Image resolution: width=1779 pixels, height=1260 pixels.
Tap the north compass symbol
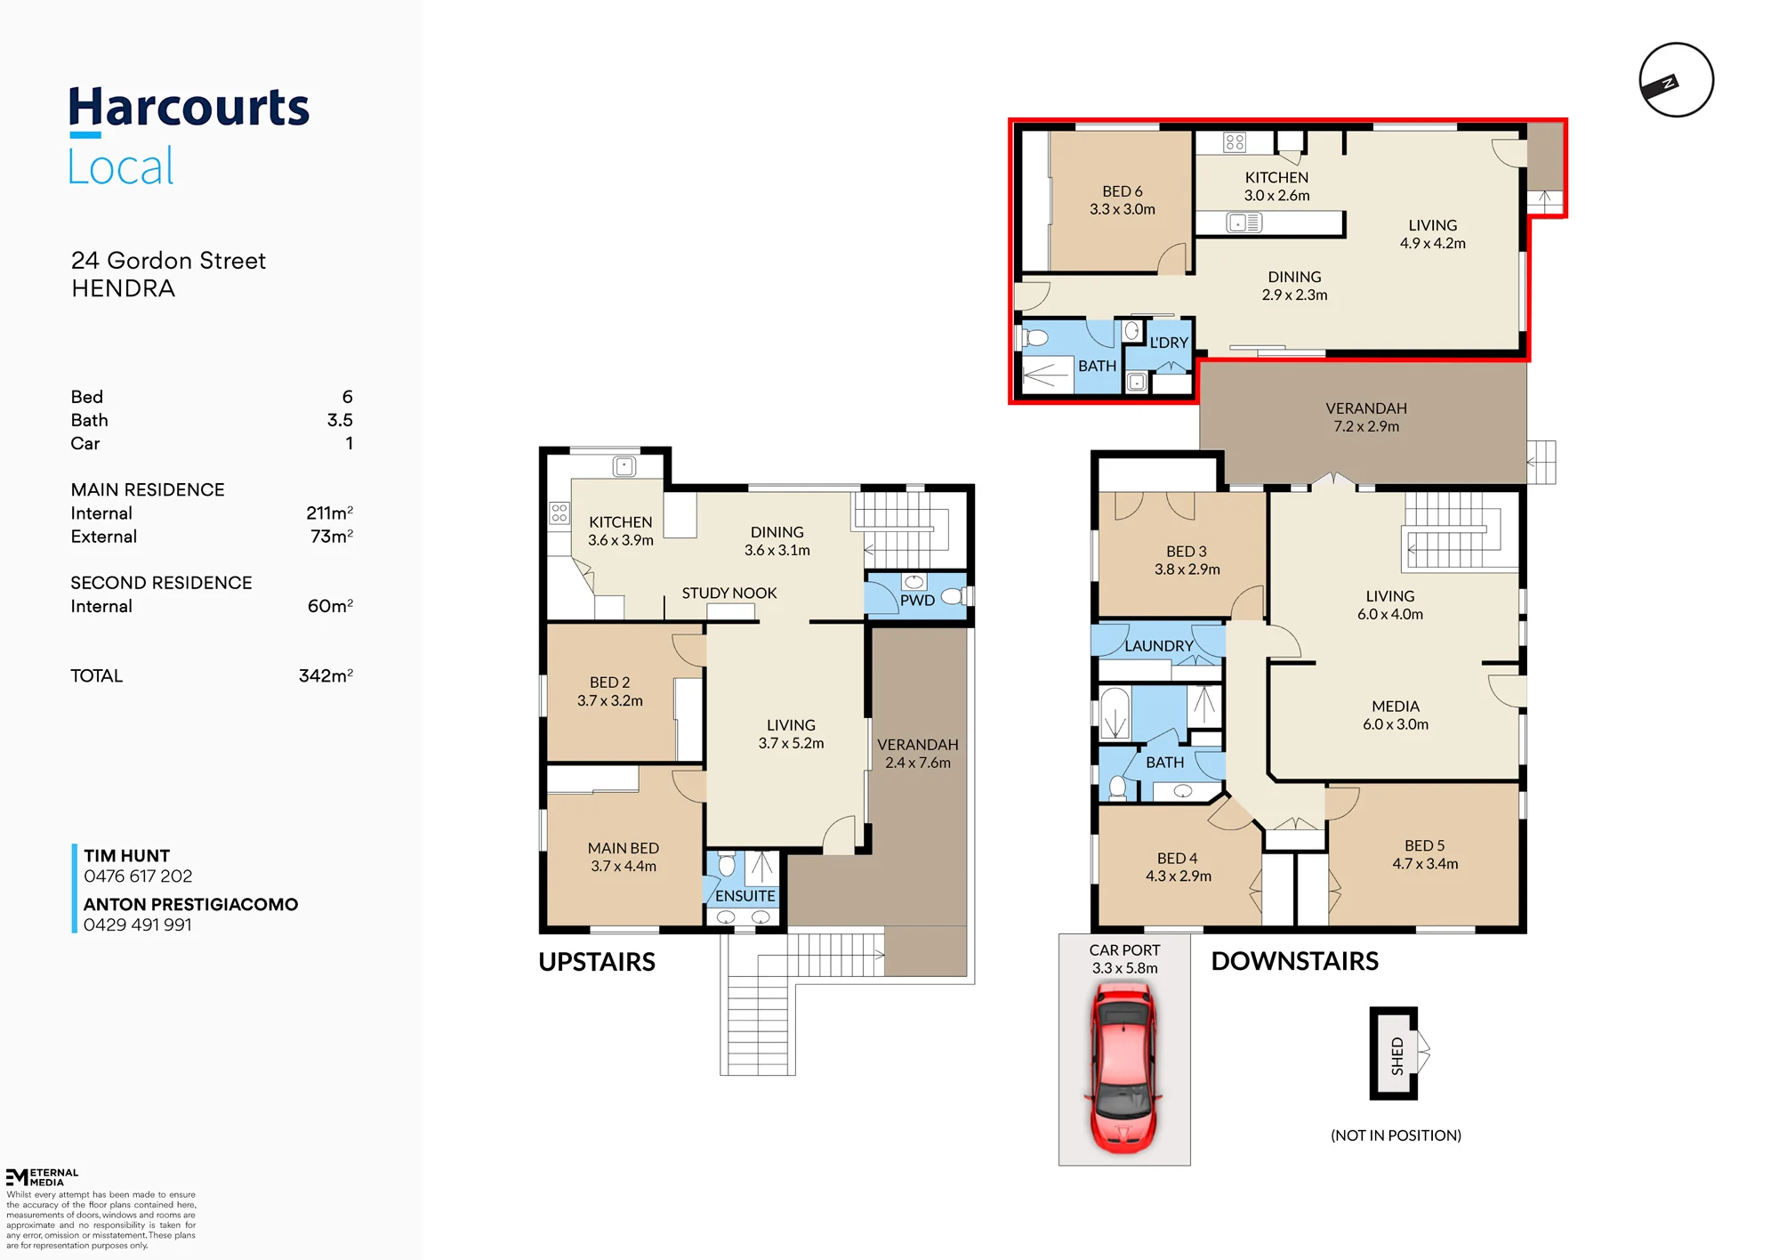tap(1676, 80)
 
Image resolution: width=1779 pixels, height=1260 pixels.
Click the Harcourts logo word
tap(189, 109)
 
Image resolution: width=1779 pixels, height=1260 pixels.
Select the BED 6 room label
tap(1122, 191)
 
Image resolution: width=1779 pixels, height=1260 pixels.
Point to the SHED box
tap(1394, 1054)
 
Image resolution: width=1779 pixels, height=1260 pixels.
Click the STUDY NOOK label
tap(729, 594)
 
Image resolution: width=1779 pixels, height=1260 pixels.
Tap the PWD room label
tap(917, 601)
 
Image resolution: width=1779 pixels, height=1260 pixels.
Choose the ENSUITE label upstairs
tap(745, 896)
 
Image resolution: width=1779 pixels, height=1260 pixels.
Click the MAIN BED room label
tap(624, 849)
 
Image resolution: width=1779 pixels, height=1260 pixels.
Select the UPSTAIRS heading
tap(597, 962)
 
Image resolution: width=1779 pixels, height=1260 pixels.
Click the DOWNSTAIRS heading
tap(1295, 961)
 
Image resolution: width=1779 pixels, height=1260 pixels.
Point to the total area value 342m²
tap(326, 675)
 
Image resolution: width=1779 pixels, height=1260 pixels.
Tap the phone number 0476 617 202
tap(138, 876)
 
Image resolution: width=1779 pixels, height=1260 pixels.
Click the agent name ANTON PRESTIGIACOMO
tap(191, 904)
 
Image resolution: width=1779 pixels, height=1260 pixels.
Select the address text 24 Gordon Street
tap(168, 261)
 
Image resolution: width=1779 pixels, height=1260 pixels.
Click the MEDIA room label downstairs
tap(1396, 707)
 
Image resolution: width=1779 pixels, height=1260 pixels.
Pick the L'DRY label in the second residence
tap(1169, 343)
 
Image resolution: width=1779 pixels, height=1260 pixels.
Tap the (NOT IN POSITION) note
tap(1396, 1135)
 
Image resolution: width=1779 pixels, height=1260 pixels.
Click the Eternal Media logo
tap(42, 1177)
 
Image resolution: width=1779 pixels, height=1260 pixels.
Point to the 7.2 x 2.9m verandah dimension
tap(1366, 427)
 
